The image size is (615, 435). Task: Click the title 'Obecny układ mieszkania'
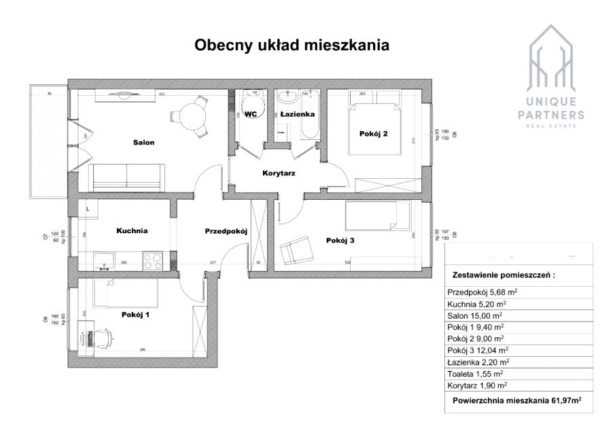(292, 46)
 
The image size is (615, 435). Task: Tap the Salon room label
(143, 143)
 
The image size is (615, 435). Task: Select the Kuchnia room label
(132, 230)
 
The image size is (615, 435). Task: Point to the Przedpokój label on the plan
(226, 232)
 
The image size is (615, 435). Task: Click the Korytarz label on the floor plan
(279, 173)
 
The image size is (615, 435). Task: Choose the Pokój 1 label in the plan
(135, 315)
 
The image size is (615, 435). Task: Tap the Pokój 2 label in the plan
(373, 134)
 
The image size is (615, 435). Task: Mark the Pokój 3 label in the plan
(340, 240)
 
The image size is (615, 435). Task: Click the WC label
(250, 114)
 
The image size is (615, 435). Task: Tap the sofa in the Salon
(127, 177)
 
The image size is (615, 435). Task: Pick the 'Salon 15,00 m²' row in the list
(475, 315)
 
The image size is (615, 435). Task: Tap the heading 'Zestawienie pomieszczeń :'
(503, 276)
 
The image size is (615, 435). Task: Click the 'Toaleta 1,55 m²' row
(475, 374)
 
